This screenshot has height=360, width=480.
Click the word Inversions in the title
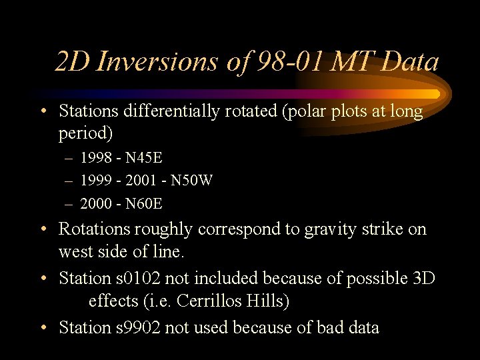point(157,62)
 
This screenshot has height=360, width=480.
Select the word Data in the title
point(411,62)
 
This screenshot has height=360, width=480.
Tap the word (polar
point(304,111)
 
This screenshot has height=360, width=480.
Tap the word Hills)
point(267,302)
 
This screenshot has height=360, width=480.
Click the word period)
point(86,134)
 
